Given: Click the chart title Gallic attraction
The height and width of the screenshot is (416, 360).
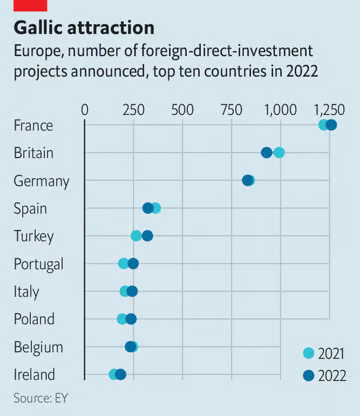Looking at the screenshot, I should pyautogui.click(x=83, y=27).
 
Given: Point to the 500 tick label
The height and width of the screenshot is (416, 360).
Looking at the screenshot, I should pyautogui.click(x=182, y=108).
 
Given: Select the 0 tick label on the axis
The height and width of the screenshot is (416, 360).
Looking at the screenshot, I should pyautogui.click(x=85, y=108).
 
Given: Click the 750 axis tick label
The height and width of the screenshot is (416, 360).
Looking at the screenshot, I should pyautogui.click(x=231, y=108).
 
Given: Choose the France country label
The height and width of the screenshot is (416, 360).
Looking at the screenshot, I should pyautogui.click(x=34, y=125).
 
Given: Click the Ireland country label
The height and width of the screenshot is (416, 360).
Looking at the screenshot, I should pyautogui.click(x=35, y=374).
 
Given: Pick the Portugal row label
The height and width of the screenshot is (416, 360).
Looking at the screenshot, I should pyautogui.click(x=39, y=264).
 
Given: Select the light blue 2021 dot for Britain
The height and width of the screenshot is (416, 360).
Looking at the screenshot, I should pyautogui.click(x=279, y=152).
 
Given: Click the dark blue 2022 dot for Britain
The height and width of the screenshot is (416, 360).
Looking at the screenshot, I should pyautogui.click(x=267, y=152).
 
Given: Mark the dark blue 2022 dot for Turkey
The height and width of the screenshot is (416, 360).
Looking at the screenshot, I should pyautogui.click(x=148, y=236).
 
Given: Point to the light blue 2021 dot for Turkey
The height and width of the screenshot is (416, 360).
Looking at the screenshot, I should pyautogui.click(x=137, y=236).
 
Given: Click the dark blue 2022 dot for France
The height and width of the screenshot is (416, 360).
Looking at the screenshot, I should pyautogui.click(x=331, y=125).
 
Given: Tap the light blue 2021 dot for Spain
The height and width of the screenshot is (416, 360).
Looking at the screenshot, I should pyautogui.click(x=155, y=208).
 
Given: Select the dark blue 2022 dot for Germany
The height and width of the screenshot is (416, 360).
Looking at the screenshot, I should pyautogui.click(x=248, y=180).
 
